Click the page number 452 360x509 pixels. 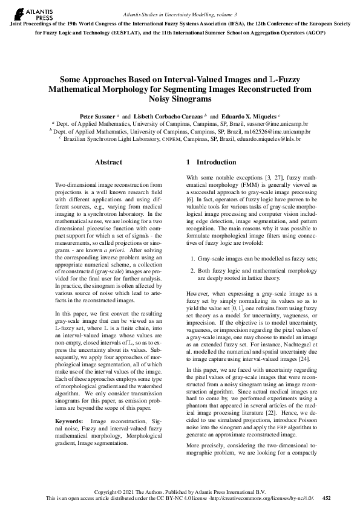(x=327, y=499)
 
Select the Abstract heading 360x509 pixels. (x=109, y=162)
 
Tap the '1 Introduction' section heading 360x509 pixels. (x=211, y=162)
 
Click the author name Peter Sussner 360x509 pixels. (x=97, y=115)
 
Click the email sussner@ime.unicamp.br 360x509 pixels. (x=277, y=123)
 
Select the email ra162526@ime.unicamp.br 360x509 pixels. (x=279, y=131)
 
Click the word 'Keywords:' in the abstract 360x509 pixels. (x=69, y=420)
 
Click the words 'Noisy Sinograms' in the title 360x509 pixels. (x=180, y=99)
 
